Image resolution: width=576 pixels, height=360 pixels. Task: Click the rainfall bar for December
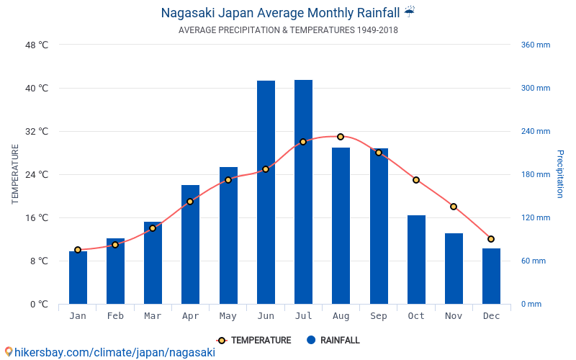(491, 276)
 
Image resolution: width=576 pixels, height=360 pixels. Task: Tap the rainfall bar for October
(416, 259)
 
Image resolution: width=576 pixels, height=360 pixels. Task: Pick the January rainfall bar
(78, 278)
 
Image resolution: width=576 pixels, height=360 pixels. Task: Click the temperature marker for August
(341, 137)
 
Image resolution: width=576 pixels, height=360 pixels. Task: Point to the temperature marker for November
(454, 207)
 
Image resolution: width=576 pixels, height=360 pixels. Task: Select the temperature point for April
(190, 202)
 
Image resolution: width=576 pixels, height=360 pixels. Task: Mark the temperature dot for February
(115, 245)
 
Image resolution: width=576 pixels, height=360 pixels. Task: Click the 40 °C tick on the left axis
(37, 89)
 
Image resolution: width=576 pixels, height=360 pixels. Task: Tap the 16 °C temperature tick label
(37, 218)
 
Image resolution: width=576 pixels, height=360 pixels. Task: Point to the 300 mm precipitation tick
(535, 89)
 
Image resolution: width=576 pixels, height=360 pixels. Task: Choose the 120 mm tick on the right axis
(535, 218)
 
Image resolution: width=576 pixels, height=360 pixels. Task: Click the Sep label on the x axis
(379, 316)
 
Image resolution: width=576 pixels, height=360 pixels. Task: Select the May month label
(228, 316)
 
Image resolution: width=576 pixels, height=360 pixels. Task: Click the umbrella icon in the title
(409, 12)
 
